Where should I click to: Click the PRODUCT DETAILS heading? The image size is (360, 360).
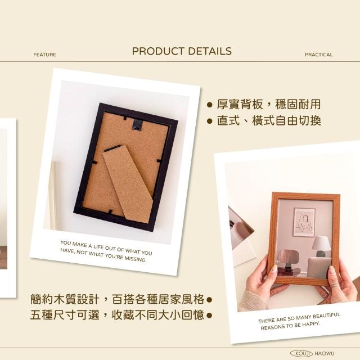click(182, 51)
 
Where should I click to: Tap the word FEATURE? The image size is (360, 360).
click(45, 55)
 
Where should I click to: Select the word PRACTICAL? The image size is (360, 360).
click(319, 55)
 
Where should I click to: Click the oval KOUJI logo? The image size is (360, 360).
click(301, 353)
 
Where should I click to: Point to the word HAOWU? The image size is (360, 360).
click(324, 354)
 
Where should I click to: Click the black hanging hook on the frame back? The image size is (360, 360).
click(138, 125)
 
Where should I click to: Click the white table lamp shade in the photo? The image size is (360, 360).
click(321, 243)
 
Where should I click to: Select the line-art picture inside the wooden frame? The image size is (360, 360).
click(304, 222)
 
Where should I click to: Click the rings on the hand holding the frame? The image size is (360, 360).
click(335, 285)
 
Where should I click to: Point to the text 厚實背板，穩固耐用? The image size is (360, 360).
click(269, 105)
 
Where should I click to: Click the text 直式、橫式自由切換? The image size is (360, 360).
click(269, 120)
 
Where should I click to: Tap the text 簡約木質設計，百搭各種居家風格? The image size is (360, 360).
click(118, 299)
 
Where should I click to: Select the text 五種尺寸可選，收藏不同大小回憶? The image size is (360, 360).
click(118, 315)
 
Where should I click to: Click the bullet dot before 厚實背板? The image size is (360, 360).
click(209, 105)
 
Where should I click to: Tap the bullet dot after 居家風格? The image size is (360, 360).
click(209, 300)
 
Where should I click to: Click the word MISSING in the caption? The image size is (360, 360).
click(136, 259)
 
